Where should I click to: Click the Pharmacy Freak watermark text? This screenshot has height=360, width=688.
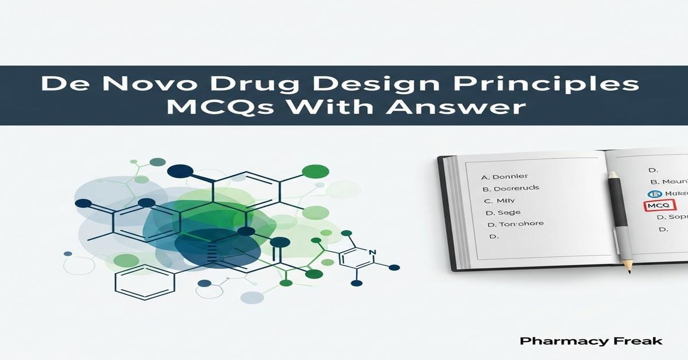[x=591, y=341]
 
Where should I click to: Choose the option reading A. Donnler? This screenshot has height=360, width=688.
[x=505, y=177]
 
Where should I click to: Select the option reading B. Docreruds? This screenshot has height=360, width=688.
[x=510, y=188]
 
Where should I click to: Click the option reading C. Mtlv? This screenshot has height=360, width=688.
[x=497, y=201]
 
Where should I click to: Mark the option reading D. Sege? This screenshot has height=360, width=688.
[x=499, y=213]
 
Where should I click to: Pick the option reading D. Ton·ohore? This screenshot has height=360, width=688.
[x=515, y=224]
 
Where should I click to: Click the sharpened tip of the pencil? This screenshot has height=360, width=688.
[x=629, y=270]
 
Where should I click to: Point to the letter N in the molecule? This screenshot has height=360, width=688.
[x=372, y=252]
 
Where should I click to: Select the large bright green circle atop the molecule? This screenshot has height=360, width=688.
[x=315, y=171]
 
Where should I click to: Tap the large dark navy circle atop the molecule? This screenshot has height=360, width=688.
[x=181, y=171]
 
